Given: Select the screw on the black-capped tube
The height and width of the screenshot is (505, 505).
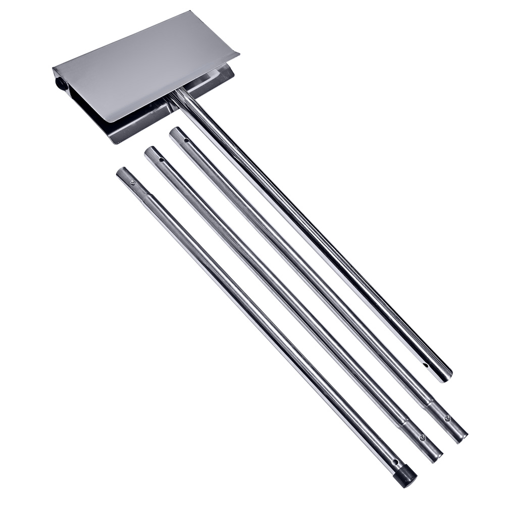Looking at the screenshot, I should click(133, 183).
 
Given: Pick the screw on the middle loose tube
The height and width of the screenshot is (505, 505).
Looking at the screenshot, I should click(422, 437).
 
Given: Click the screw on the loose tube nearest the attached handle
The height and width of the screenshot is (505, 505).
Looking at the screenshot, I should click(447, 418).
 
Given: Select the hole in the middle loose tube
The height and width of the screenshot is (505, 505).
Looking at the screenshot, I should click(161, 160).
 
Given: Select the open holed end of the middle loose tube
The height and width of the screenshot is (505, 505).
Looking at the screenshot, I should click(150, 152).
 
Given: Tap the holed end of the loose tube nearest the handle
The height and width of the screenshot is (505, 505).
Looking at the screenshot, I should click(176, 133).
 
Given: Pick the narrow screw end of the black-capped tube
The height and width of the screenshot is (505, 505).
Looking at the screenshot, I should click(122, 174).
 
